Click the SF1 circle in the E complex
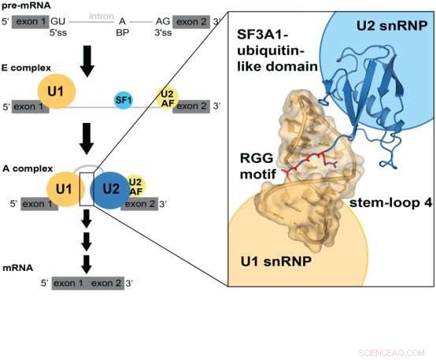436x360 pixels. pos(122,99)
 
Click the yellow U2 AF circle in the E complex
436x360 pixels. pos(166,98)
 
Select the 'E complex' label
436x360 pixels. pos(24,69)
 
